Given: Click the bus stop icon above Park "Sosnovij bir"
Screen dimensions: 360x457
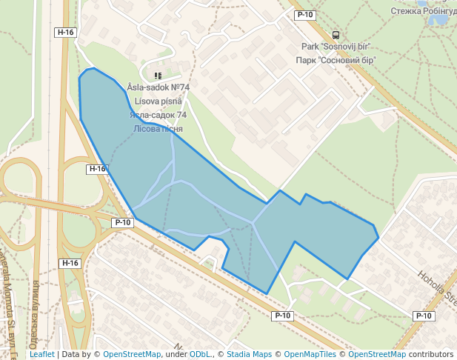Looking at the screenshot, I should point(336,35).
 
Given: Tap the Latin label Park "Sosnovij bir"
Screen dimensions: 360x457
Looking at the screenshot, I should point(335,47).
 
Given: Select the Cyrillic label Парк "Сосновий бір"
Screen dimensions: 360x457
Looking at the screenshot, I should point(336,60).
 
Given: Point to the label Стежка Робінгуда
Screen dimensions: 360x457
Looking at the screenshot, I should point(424,11).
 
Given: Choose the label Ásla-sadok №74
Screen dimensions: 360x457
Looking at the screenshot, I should point(158,87).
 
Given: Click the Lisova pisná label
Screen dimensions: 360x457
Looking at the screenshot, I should point(158,101).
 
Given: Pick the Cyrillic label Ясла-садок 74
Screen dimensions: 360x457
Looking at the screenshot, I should point(158,115).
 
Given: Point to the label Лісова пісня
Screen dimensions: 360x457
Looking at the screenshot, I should point(158,128).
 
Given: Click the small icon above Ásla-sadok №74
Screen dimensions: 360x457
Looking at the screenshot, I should point(157,76).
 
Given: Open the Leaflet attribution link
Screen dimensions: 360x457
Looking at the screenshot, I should point(41,355).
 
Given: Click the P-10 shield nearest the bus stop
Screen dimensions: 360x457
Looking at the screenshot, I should point(304,15).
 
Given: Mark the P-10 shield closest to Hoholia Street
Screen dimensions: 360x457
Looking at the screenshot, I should point(423,316).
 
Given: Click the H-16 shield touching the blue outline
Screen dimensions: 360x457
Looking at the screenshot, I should point(97,169).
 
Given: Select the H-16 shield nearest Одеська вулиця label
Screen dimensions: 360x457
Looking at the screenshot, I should point(70,263).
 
